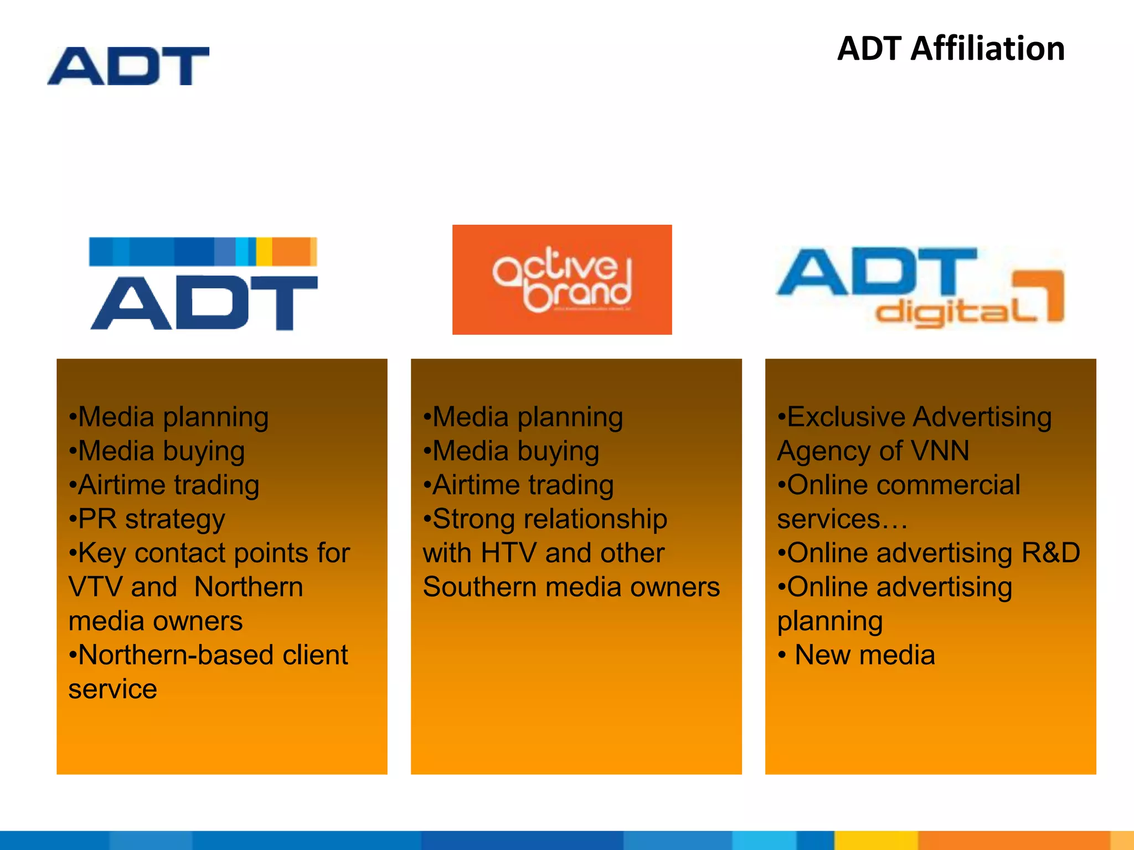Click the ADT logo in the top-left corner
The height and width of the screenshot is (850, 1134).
click(128, 66)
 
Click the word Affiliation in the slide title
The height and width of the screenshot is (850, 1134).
click(987, 49)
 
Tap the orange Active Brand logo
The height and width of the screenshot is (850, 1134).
click(562, 279)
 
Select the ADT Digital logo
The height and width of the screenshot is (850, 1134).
click(919, 286)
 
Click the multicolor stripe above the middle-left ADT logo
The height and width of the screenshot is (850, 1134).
click(203, 252)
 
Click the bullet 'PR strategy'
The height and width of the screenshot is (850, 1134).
click(147, 519)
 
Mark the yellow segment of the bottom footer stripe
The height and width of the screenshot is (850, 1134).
click(876, 840)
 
